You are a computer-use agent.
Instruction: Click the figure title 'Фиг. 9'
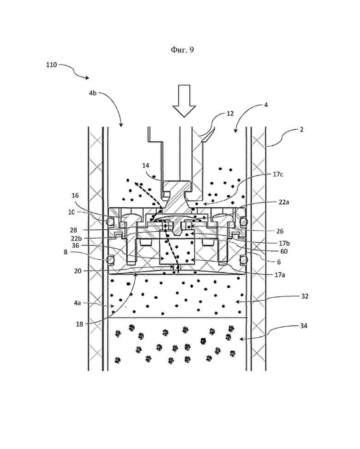[x=182, y=50]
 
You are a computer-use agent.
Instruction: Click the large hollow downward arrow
[x=184, y=101]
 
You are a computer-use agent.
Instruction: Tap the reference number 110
[x=52, y=65]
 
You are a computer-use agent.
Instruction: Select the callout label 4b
[x=93, y=93]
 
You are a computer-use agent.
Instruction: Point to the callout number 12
[x=230, y=114]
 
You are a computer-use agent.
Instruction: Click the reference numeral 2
[x=301, y=129]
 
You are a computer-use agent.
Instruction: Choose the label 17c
[x=277, y=174]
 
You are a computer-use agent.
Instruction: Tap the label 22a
[x=284, y=202]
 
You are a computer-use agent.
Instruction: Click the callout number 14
[x=145, y=165]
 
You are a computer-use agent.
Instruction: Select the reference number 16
[x=75, y=195]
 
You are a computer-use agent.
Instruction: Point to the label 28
[x=73, y=230]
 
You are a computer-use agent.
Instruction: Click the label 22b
[x=76, y=238]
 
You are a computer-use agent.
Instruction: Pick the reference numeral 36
[x=75, y=245]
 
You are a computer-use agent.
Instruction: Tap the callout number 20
[x=78, y=270]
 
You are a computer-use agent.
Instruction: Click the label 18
[x=79, y=324]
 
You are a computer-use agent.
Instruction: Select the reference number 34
[x=304, y=326]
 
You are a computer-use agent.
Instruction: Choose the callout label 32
[x=305, y=296]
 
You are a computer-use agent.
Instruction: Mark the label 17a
[x=280, y=275]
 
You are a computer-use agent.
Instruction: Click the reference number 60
[x=284, y=251]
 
